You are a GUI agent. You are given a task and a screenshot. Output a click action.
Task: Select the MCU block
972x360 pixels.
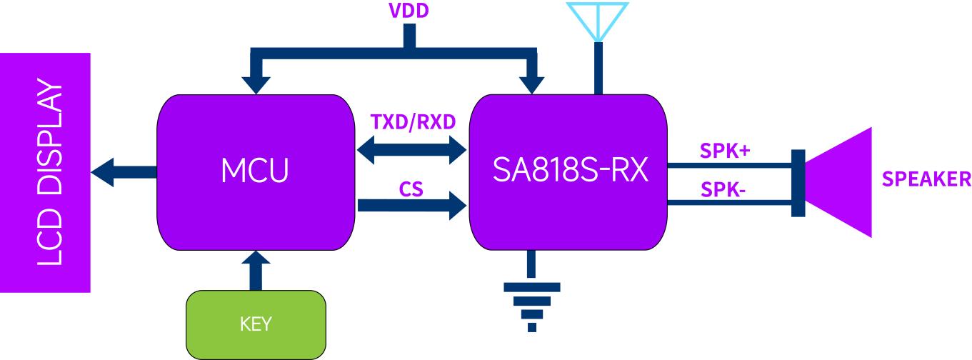tap(255, 171)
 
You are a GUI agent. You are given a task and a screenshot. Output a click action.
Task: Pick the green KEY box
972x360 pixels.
tap(255, 324)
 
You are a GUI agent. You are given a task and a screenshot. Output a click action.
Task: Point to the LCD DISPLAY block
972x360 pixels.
tap(45, 171)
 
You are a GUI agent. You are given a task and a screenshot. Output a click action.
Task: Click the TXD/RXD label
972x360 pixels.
tap(412, 121)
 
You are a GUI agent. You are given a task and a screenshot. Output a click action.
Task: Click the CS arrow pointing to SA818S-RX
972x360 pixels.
tap(412, 206)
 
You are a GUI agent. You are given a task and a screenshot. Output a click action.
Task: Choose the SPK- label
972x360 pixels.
tap(723, 190)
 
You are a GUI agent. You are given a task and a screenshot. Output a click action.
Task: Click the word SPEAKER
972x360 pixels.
tap(926, 179)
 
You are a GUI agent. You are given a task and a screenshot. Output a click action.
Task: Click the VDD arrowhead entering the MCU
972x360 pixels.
tap(255, 84)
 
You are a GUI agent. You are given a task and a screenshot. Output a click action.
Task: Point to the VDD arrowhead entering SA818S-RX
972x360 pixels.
tap(531, 84)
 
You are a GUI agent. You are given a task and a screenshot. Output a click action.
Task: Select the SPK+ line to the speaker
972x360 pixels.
tap(728, 166)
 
